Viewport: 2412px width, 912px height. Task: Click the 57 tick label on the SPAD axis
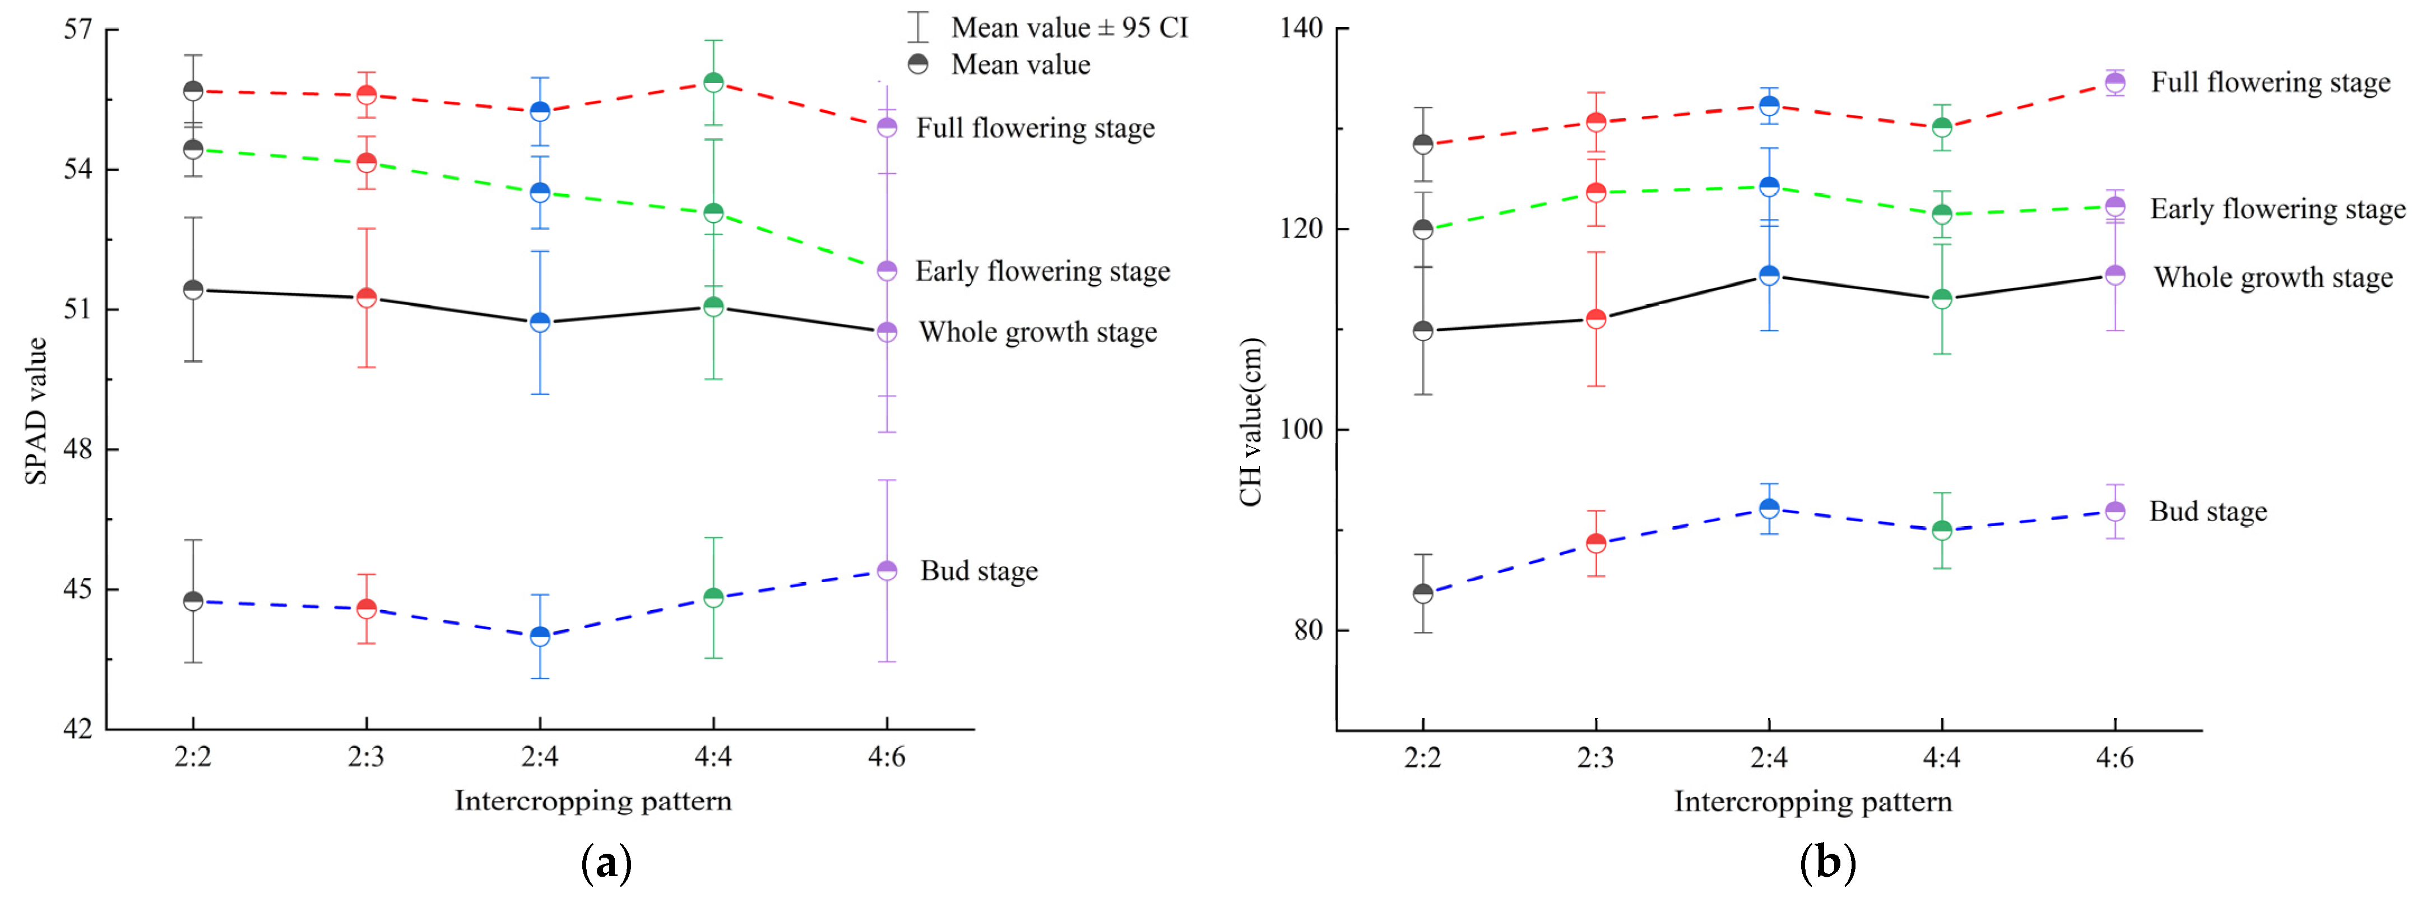click(x=78, y=30)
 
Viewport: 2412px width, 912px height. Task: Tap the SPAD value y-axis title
click(x=35, y=411)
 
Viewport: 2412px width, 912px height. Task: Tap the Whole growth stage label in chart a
click(x=1037, y=332)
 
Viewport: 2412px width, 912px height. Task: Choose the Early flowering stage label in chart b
click(x=2276, y=209)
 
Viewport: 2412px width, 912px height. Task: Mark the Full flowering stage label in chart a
click(x=1035, y=128)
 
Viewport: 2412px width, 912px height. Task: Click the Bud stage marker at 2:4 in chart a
click(x=540, y=637)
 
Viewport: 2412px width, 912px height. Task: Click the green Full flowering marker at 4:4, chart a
click(x=713, y=82)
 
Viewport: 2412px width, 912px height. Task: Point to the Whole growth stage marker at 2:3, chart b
click(x=1595, y=319)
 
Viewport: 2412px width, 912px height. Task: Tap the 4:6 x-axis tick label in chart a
click(x=887, y=757)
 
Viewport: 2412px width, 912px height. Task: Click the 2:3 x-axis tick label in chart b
click(x=1595, y=757)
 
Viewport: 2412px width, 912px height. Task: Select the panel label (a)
click(x=606, y=862)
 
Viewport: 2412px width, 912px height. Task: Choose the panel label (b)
click(x=1827, y=862)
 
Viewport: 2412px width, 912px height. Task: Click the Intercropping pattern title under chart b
click(x=1813, y=802)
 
